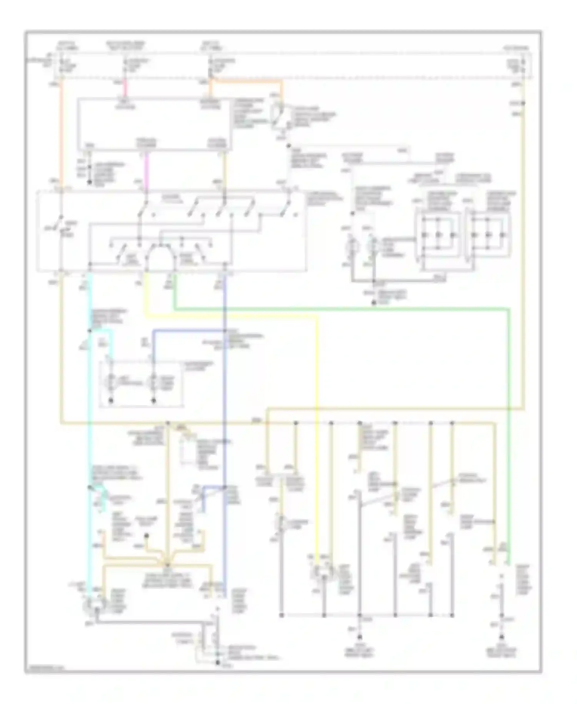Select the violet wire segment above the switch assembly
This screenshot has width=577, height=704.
pos(146,169)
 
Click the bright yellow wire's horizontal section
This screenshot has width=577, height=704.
pos(231,317)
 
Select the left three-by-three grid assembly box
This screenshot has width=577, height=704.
pos(438,235)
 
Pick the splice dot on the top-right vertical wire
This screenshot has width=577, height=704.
pos(523,103)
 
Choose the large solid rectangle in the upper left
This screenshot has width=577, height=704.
pos(155,124)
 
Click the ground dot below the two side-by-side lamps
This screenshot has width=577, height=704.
pos(374,303)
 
